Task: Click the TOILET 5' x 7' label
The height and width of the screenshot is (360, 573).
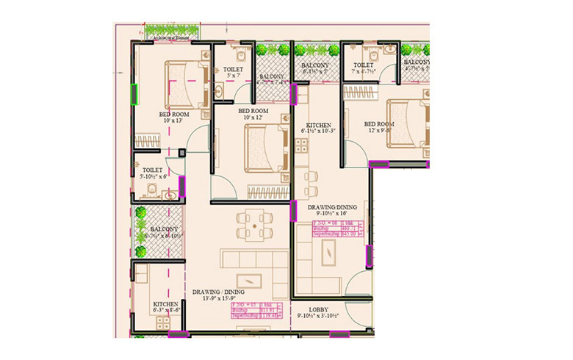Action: pyautogui.click(x=233, y=72)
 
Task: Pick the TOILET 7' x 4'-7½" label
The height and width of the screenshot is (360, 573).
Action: pyautogui.click(x=365, y=69)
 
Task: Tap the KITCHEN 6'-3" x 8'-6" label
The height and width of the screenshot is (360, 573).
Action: pyautogui.click(x=166, y=307)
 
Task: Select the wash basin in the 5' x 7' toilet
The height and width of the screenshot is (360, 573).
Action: pyautogui.click(x=220, y=91)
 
